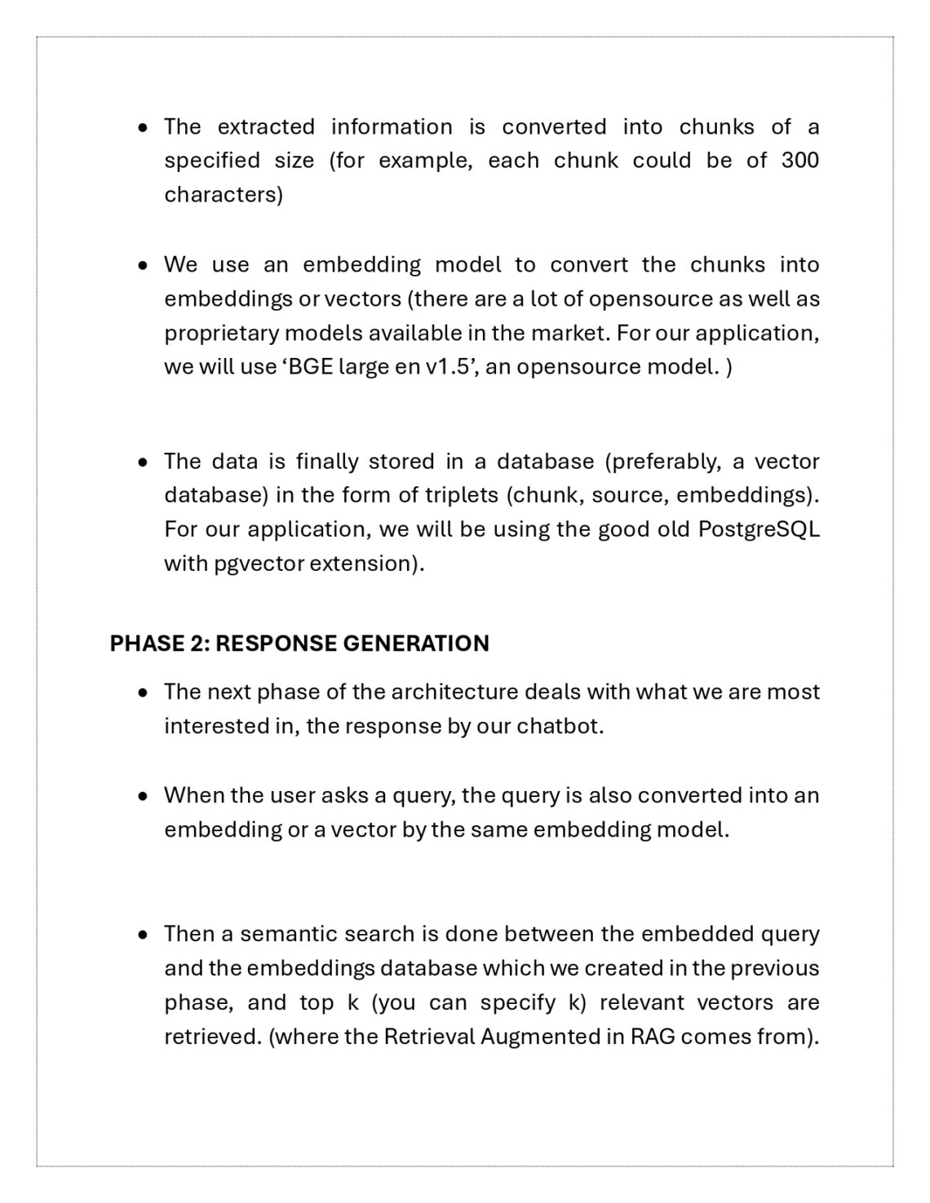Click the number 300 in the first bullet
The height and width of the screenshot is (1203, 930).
(799, 161)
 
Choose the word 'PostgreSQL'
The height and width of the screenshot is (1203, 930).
(759, 529)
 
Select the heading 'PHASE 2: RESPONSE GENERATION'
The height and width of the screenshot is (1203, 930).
(299, 644)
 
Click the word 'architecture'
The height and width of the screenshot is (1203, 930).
(454, 692)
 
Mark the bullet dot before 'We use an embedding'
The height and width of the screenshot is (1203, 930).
(144, 265)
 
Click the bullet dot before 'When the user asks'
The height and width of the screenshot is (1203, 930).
(144, 795)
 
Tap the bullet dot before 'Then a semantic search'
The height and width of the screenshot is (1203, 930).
(144, 934)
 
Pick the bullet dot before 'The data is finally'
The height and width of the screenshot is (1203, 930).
(144, 462)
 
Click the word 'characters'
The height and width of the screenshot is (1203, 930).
(223, 195)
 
